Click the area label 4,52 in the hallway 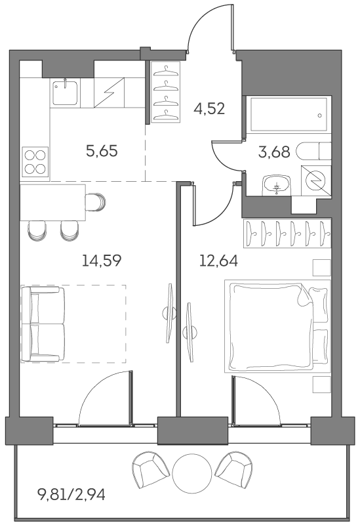tap(210, 108)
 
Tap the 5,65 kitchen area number tap(102, 152)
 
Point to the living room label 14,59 tap(102, 260)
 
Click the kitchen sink tap(66, 93)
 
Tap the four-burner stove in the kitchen tap(35, 161)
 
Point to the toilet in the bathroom tap(313, 152)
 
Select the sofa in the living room tap(43, 324)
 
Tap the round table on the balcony tap(190, 469)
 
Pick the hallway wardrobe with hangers tap(166, 91)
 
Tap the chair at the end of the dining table tap(96, 202)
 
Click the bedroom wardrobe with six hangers tap(287, 232)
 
